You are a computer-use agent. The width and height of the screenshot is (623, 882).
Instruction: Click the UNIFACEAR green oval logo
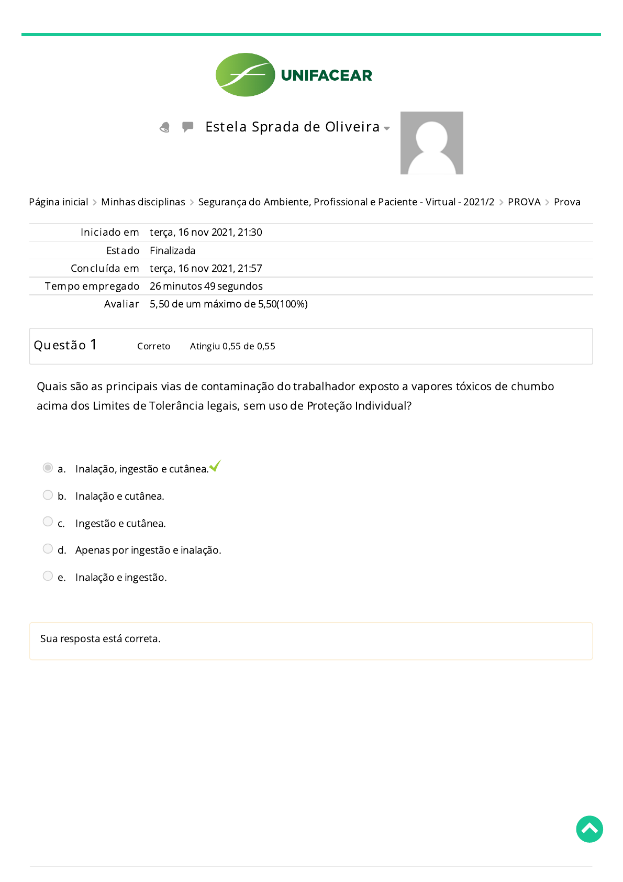pyautogui.click(x=245, y=75)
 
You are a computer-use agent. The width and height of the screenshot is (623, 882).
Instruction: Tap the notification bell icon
pyautogui.click(x=165, y=127)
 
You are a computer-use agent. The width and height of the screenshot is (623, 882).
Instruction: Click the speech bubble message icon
pyautogui.click(x=187, y=127)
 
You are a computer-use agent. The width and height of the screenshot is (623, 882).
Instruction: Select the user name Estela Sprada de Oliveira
pyautogui.click(x=292, y=127)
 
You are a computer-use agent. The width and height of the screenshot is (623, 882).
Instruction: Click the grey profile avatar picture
pyautogui.click(x=431, y=143)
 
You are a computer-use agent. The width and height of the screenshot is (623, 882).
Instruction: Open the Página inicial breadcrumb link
pyautogui.click(x=59, y=202)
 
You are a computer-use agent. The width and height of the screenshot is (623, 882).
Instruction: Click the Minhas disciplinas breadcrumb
pyautogui.click(x=143, y=202)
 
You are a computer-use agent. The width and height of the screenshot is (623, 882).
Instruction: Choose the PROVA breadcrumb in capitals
pyautogui.click(x=524, y=202)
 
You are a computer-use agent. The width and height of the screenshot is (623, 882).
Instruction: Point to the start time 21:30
pyautogui.click(x=250, y=233)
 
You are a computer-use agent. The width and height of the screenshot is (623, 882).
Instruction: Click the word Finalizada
pyautogui.click(x=172, y=251)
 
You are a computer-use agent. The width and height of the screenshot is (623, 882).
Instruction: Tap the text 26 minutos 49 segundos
pyautogui.click(x=206, y=286)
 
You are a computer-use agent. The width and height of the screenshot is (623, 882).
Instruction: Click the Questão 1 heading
pyautogui.click(x=65, y=345)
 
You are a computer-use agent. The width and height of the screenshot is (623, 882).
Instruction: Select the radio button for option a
pyautogui.click(x=48, y=468)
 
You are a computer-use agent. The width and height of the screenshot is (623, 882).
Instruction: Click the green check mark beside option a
pyautogui.click(x=215, y=466)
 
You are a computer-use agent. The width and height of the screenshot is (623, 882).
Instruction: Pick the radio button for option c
pyautogui.click(x=48, y=522)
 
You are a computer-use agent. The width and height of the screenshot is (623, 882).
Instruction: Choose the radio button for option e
pyautogui.click(x=48, y=576)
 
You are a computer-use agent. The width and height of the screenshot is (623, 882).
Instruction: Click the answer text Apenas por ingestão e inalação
pyautogui.click(x=148, y=550)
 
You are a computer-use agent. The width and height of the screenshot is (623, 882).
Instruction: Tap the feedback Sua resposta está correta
pyautogui.click(x=101, y=639)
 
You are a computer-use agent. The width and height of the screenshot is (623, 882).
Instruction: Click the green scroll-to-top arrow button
pyautogui.click(x=589, y=829)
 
